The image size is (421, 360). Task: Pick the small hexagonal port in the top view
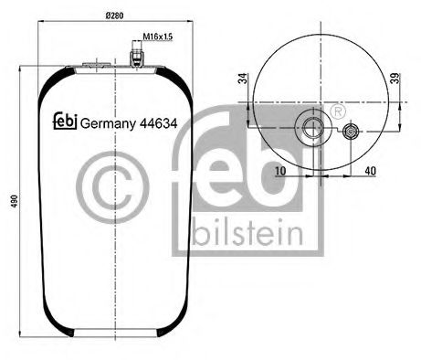tap(352, 133)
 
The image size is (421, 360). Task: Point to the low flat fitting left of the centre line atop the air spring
tap(94, 64)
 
